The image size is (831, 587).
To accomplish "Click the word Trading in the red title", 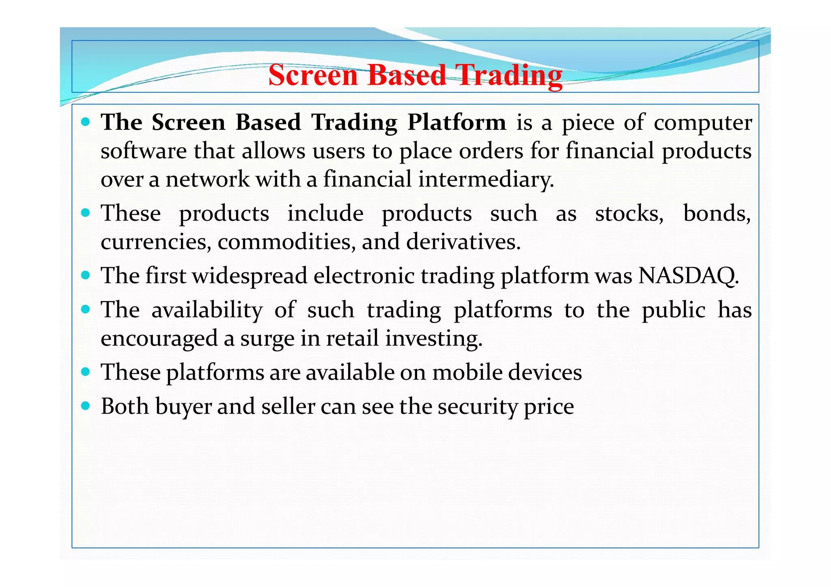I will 509,76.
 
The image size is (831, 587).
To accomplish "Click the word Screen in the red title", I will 313,76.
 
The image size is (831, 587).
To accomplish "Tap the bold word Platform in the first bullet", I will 456,122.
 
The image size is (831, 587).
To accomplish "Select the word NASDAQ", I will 688,276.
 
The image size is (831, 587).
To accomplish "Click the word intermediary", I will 486,180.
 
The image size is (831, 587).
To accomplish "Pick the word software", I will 143,151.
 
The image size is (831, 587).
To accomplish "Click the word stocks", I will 629,214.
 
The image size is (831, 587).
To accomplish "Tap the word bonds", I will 717,214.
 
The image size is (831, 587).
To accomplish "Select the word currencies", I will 156,242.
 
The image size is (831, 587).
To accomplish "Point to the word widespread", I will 249,276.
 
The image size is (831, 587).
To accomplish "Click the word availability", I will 207,311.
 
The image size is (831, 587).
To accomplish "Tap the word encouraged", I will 159,339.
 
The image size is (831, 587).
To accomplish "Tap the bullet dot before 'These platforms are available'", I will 85,371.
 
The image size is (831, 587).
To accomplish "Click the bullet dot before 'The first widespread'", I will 85,275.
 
